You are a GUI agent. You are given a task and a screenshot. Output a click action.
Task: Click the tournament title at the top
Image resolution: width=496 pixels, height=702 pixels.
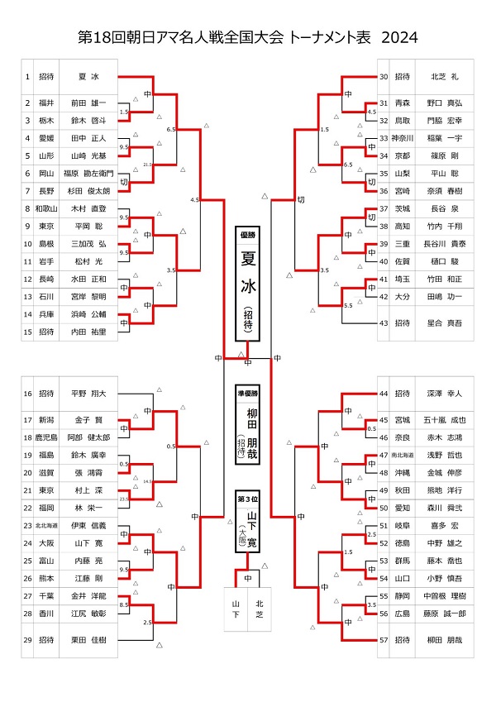tap(247, 38)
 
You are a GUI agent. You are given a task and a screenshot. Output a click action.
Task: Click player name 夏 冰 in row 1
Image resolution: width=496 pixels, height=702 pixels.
tap(88, 77)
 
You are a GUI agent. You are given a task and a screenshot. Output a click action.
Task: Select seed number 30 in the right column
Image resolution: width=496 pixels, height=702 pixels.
tap(384, 77)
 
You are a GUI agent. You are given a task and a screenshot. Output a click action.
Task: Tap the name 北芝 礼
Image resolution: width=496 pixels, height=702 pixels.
tap(444, 77)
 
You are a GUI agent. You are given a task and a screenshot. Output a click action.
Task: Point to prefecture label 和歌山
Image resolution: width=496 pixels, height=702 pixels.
tap(49, 210)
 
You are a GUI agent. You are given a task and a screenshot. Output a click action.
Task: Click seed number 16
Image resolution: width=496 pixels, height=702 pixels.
tap(27, 394)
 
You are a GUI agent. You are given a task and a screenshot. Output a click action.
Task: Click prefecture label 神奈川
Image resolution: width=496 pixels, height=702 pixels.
tap(403, 138)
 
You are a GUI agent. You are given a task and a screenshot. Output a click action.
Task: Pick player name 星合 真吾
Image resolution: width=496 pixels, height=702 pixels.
tap(444, 323)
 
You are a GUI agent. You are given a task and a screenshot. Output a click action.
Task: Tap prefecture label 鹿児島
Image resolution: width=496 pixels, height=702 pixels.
tap(49, 437)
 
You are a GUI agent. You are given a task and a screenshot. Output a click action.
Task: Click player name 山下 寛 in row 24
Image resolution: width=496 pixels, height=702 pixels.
tap(88, 543)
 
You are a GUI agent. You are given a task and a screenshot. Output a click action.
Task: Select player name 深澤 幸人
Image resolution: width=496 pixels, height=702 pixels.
tap(444, 394)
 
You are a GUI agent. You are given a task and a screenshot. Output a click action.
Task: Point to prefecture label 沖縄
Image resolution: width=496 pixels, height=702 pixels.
tap(403, 472)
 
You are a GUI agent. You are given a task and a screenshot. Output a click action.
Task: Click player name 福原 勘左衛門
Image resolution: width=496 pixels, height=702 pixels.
tap(88, 174)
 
